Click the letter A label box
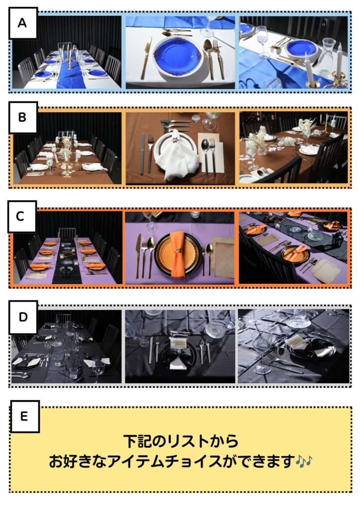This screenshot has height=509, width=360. (x=23, y=23)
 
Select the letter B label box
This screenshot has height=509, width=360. (x=23, y=117)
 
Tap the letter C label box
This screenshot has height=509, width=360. (x=22, y=217)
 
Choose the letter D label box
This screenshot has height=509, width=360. (x=23, y=318)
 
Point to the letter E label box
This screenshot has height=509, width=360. (x=25, y=417)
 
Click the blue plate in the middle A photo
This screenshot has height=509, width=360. (x=178, y=54)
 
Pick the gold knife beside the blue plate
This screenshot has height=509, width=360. (x=146, y=58)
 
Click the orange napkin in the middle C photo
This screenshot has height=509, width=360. (x=178, y=254)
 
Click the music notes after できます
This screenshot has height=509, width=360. (x=304, y=461)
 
